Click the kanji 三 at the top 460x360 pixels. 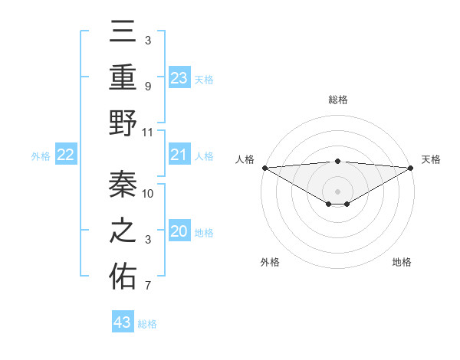(x=123, y=33)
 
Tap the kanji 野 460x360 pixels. (x=123, y=123)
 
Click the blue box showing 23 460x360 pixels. (x=179, y=77)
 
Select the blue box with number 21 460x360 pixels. (x=179, y=155)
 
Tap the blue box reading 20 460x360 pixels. (x=179, y=232)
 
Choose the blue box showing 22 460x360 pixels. (x=66, y=155)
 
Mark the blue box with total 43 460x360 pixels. (x=123, y=322)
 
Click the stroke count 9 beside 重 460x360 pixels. (x=147, y=86)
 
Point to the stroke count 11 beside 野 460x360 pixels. (x=148, y=132)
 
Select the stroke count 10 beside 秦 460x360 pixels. (x=149, y=193)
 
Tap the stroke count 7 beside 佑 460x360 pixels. (x=147, y=286)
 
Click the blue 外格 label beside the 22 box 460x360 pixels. (x=41, y=156)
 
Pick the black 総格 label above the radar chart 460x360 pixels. (x=337, y=100)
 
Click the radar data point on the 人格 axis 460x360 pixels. (x=264, y=168)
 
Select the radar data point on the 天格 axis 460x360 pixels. (x=411, y=168)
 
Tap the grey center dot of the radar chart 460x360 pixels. (x=337, y=191)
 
